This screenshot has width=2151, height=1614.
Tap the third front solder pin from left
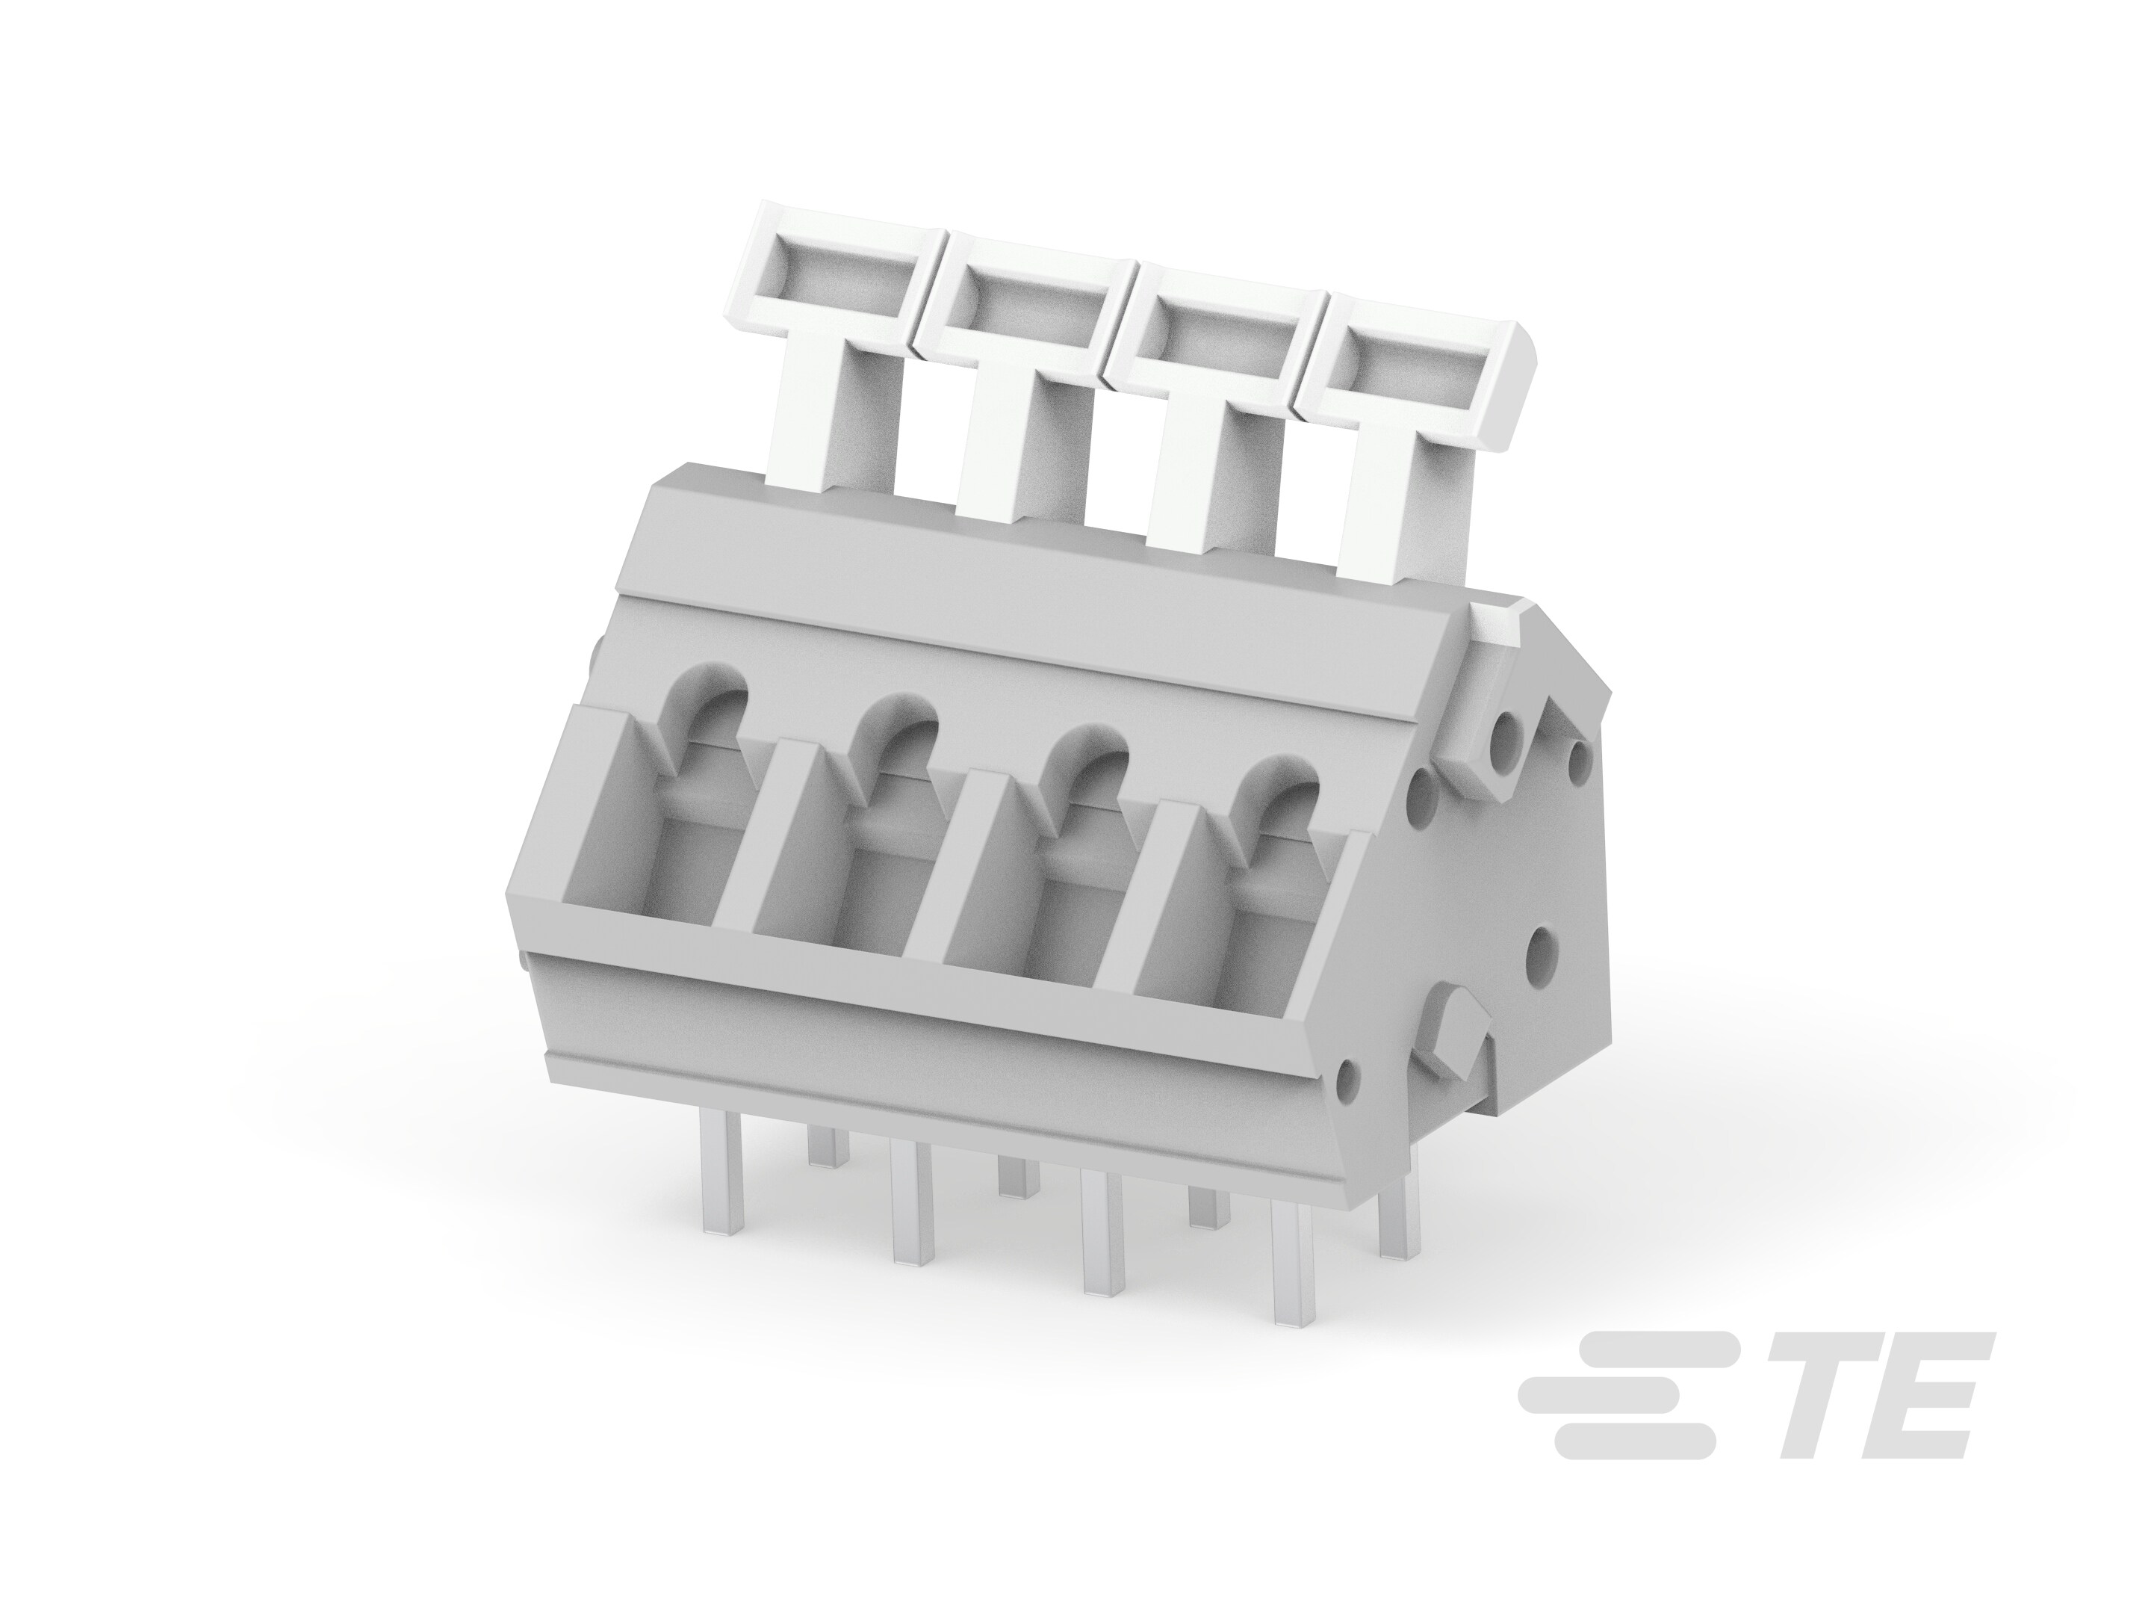coord(1102,1246)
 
